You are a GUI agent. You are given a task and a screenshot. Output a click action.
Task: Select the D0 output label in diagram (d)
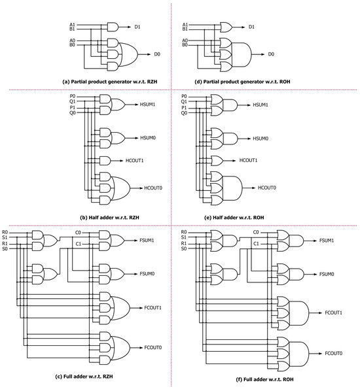click(271, 55)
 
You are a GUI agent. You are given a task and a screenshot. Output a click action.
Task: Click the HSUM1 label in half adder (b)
click(147, 104)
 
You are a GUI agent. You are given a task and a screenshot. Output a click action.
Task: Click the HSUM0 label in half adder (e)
click(262, 139)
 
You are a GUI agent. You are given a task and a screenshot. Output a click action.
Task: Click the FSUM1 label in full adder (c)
click(146, 241)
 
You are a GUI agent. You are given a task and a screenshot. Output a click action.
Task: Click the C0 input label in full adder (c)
click(78, 231)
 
